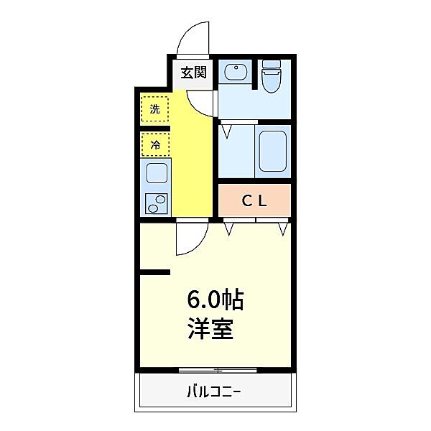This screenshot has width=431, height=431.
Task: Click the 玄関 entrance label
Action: (x=193, y=72)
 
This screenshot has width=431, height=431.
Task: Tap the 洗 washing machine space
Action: (x=154, y=109)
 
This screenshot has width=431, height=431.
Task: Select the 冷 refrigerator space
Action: (x=154, y=144)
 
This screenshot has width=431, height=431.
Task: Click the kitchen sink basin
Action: (x=156, y=173)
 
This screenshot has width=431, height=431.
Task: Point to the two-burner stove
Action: (x=156, y=203)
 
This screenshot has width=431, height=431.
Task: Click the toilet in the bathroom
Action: (x=272, y=78)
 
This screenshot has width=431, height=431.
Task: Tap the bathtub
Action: (x=273, y=150)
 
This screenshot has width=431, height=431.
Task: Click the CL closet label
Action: (x=254, y=202)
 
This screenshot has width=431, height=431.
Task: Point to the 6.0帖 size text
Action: (x=216, y=298)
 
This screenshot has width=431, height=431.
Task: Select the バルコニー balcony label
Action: (x=214, y=392)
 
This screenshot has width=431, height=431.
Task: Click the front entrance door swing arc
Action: (x=192, y=40)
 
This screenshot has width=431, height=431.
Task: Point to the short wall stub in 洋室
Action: (x=155, y=272)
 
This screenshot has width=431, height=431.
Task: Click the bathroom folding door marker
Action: (x=227, y=131)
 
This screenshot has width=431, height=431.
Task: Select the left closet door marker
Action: (x=231, y=229)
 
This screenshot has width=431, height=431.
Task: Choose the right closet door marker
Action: (x=282, y=229)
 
